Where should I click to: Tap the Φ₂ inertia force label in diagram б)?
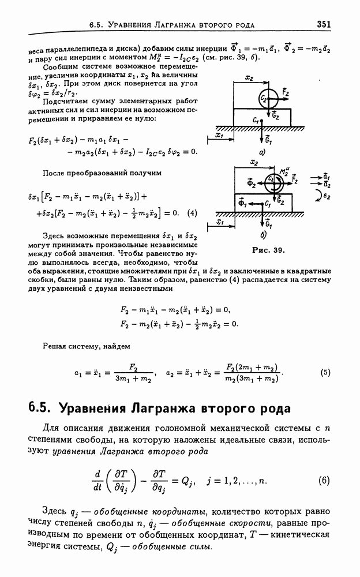point(251,184)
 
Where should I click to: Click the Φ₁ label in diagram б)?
point(243,203)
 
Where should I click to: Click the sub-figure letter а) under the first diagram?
point(262,153)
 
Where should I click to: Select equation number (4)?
point(192,212)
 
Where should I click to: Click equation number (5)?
point(325,372)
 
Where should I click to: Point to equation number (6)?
point(324,480)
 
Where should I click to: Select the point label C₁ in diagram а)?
point(256,120)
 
